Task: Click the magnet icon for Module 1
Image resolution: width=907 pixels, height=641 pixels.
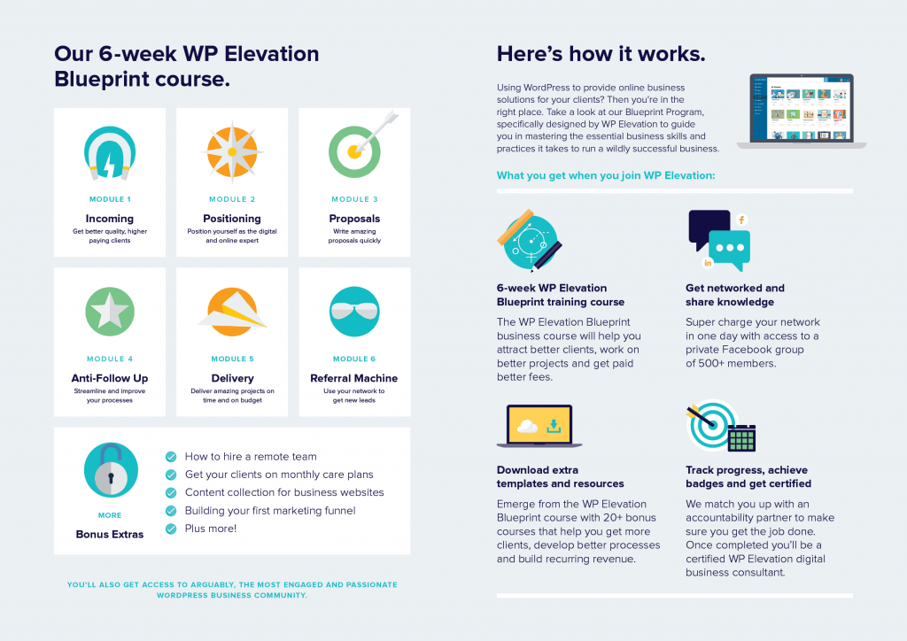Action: (x=109, y=152)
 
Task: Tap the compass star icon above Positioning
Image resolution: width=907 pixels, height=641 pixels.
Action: (x=232, y=152)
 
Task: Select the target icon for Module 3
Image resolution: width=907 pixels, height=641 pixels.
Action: (x=359, y=147)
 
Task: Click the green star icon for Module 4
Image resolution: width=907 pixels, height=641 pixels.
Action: (x=110, y=312)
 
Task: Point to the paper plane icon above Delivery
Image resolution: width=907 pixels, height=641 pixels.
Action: (x=232, y=313)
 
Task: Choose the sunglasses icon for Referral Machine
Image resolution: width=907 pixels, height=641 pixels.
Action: (x=354, y=312)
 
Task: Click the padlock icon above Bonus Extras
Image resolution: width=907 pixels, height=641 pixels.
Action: (x=111, y=470)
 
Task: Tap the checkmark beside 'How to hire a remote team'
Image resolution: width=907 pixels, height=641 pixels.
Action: (x=171, y=457)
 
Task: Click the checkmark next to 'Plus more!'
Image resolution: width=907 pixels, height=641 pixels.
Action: (x=171, y=529)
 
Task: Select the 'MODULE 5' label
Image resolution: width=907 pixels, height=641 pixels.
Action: (x=233, y=359)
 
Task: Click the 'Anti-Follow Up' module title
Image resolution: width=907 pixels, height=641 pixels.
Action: (x=110, y=378)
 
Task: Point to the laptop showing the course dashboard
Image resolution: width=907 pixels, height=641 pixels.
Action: (x=801, y=111)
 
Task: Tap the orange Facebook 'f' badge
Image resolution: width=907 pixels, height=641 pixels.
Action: (x=741, y=220)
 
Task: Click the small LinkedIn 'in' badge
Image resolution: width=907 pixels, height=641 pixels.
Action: (x=708, y=263)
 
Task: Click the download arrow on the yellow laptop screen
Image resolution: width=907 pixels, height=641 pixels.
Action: (x=554, y=427)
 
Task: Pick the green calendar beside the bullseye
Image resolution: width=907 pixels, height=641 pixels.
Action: (x=741, y=438)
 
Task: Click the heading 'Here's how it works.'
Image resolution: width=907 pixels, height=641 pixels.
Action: (x=601, y=54)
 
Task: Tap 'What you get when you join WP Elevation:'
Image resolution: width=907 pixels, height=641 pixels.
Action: (x=606, y=175)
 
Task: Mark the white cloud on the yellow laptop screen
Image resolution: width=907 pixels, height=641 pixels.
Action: (x=527, y=427)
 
